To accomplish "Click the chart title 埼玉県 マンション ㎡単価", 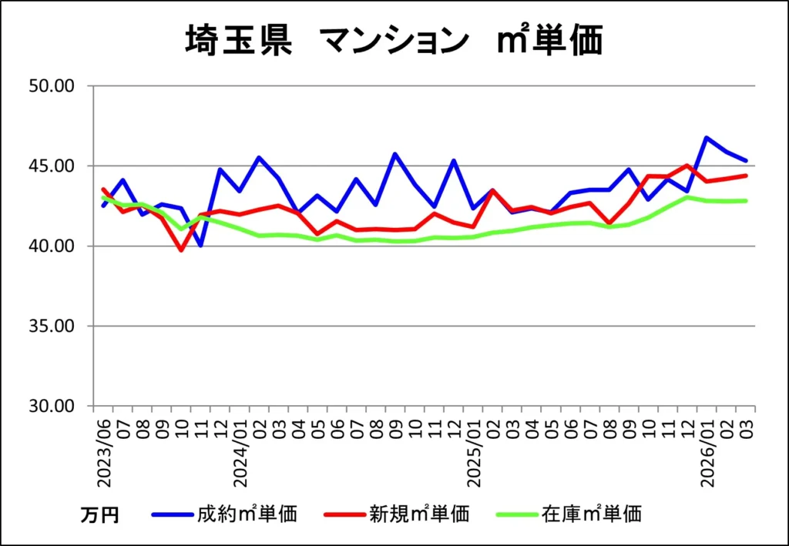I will point(393,41).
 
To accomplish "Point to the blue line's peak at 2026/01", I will point(707,138).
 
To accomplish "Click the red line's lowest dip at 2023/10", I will point(182,250).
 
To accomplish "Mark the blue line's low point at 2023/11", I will point(201,246).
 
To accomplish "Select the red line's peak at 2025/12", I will point(687,166).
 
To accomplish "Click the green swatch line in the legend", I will point(515,514).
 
